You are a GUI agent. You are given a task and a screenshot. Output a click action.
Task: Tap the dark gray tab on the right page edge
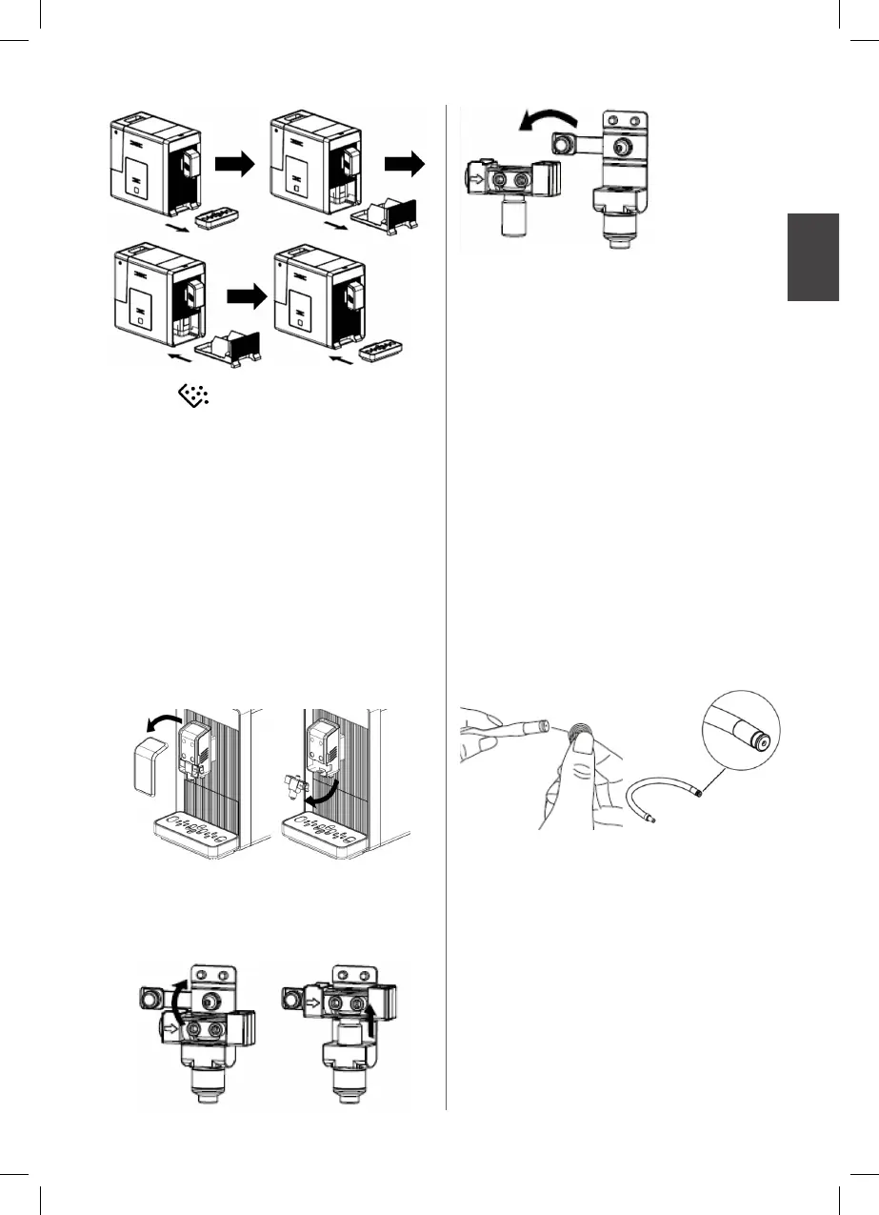point(813,257)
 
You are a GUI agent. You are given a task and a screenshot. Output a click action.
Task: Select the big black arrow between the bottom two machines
point(248,297)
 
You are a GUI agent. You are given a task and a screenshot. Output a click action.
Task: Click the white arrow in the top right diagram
point(476,175)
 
